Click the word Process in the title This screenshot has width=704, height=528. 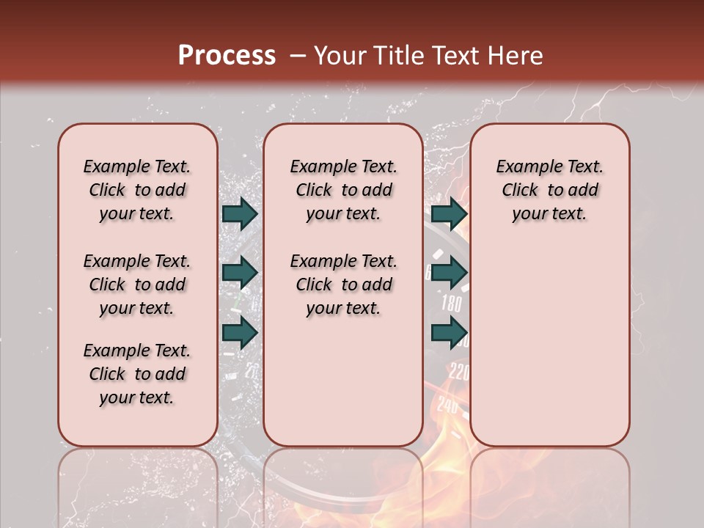pos(227,56)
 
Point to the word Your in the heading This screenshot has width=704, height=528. pos(340,56)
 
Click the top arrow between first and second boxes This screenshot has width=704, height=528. pos(240,214)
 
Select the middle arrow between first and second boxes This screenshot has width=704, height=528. pos(240,273)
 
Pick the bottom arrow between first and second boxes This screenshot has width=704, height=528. pos(240,331)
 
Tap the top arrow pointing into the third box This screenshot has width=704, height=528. pos(449,214)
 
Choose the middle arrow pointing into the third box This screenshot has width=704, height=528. pos(449,273)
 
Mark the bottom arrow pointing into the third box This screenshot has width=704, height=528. pos(449,331)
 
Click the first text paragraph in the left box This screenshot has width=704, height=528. pos(137,190)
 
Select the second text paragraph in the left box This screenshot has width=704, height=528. pos(137,285)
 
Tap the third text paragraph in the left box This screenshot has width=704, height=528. pos(137,374)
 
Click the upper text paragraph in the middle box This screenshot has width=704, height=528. pos(343,190)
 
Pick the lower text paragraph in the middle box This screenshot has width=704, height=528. pos(343,285)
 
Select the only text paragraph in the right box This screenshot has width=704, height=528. pos(549,190)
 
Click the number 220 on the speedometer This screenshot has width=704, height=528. pos(458,372)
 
